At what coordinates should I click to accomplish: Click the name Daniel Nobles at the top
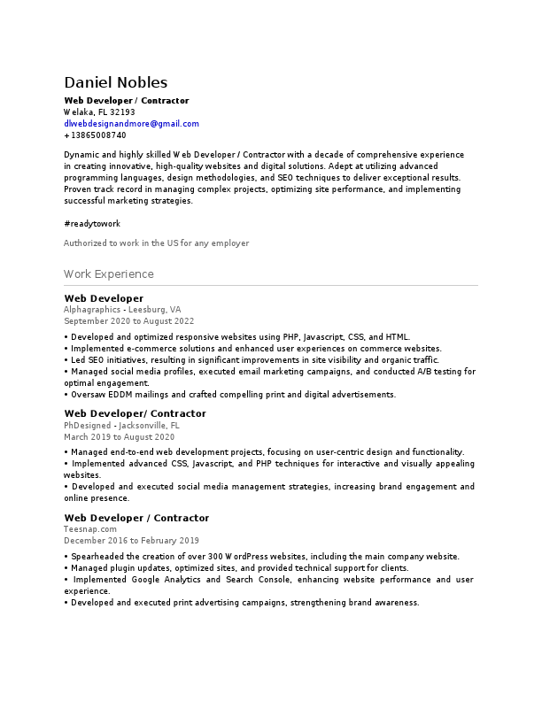[115, 83]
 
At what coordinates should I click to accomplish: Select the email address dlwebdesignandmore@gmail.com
[131, 124]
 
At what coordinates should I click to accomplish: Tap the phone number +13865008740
[95, 135]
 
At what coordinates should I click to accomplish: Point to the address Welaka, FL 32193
[99, 112]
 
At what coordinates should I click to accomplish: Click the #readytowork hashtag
[92, 224]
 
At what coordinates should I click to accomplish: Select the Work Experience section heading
[109, 274]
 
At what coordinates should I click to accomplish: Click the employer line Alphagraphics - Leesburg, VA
[122, 310]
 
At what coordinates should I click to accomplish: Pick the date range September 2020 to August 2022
[128, 321]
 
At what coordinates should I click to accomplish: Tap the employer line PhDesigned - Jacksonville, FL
[121, 426]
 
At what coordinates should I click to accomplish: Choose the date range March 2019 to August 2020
[119, 437]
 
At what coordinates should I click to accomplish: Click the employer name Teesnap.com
[90, 529]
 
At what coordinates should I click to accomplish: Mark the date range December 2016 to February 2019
[131, 541]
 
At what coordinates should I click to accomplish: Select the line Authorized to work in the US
[156, 243]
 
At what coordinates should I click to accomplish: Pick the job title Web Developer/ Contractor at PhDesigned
[135, 414]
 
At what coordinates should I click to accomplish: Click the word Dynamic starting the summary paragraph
[81, 155]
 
